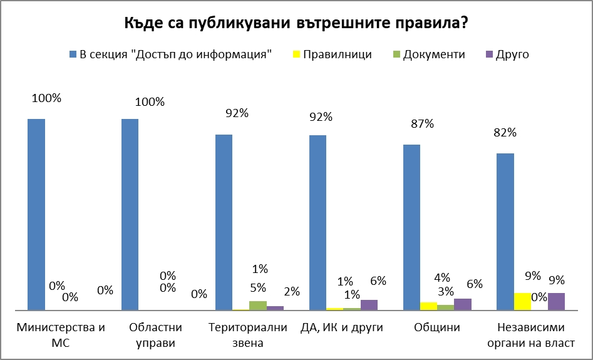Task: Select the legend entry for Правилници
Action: (x=337, y=54)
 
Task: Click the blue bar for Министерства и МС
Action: (x=36, y=214)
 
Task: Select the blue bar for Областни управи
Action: (x=130, y=214)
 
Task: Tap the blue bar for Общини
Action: (x=411, y=227)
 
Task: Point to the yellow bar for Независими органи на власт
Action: (x=522, y=301)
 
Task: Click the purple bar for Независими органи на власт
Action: (x=556, y=301)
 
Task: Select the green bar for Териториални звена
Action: (x=258, y=306)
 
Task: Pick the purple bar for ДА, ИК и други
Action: (x=369, y=305)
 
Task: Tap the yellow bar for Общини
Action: (x=428, y=306)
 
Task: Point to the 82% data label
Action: (x=504, y=132)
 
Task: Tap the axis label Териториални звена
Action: (x=248, y=335)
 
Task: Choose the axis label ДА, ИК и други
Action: (x=341, y=327)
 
